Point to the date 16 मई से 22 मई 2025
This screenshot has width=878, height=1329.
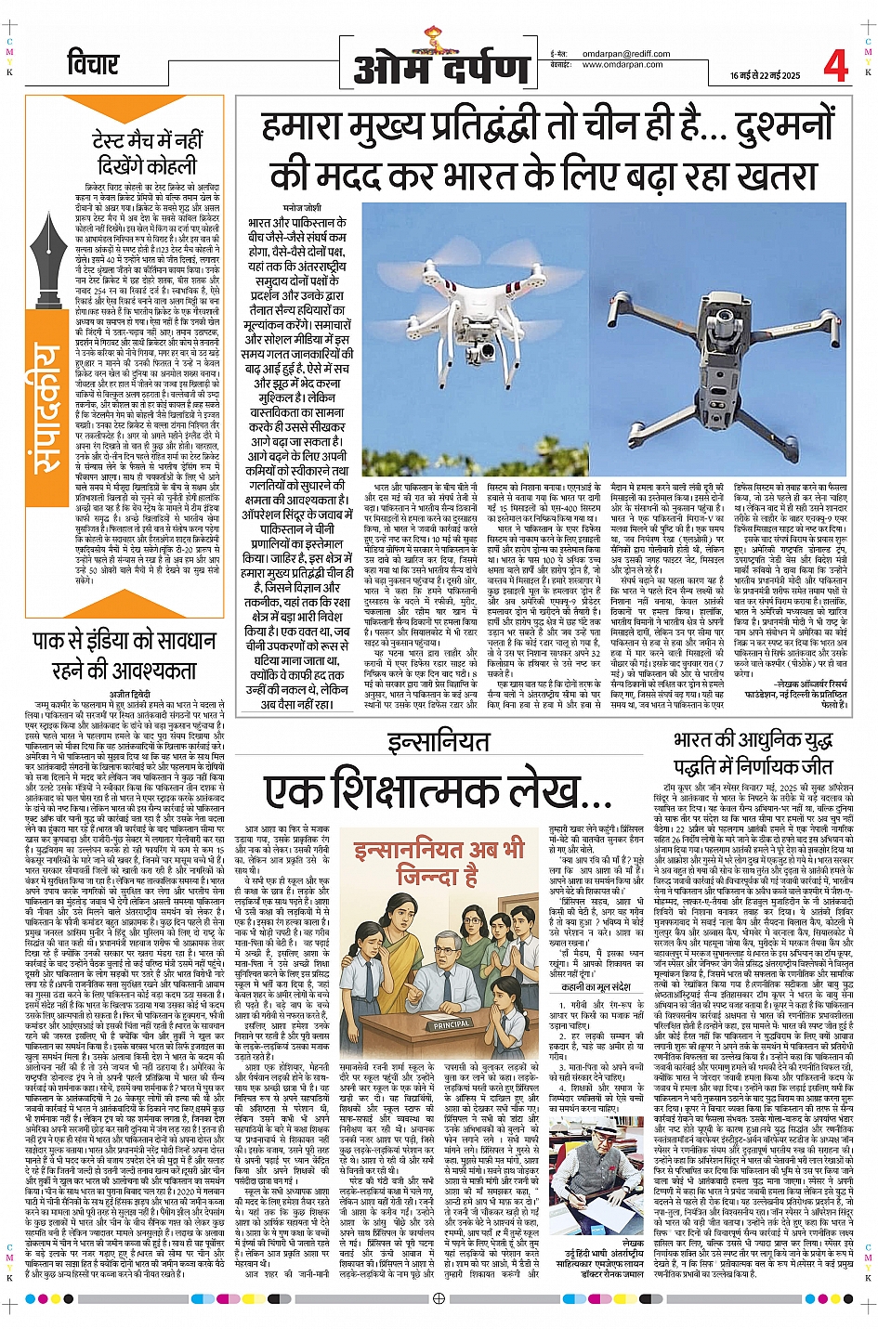pyautogui.click(x=765, y=75)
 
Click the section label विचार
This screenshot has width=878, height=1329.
pyautogui.click(x=93, y=63)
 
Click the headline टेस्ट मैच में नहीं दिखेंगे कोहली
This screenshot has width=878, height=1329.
pyautogui.click(x=147, y=153)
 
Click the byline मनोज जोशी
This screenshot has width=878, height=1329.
pyautogui.click(x=303, y=208)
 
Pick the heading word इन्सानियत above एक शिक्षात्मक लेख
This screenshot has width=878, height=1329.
pyautogui.click(x=438, y=741)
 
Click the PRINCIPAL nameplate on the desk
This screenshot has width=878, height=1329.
pyautogui.click(x=452, y=1024)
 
